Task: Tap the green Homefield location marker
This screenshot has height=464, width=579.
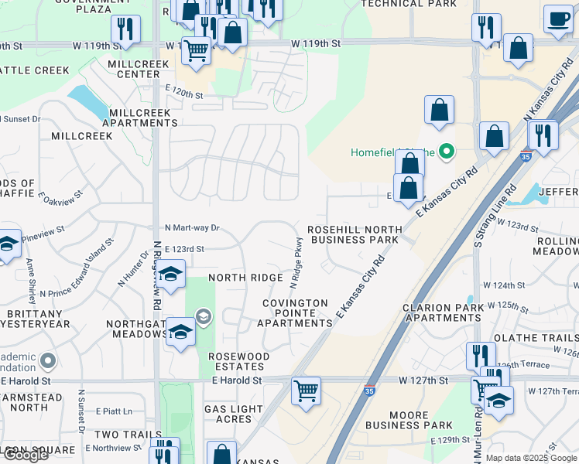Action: point(446,152)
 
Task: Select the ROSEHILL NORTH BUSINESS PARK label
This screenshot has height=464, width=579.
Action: point(355,234)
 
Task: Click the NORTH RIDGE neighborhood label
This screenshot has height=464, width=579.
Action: point(245,278)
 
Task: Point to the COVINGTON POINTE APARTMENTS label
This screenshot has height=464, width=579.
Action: point(294,313)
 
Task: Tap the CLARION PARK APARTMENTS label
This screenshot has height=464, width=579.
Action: point(443,312)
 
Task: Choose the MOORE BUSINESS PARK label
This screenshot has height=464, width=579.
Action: point(409,420)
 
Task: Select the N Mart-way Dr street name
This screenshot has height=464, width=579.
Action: point(193,228)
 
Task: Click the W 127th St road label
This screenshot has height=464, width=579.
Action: point(423,380)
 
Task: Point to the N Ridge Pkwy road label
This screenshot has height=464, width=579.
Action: point(296,259)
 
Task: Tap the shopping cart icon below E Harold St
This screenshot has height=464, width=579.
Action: point(307,391)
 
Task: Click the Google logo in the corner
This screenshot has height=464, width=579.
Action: point(25,455)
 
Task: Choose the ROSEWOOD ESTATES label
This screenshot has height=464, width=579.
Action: point(238,362)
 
